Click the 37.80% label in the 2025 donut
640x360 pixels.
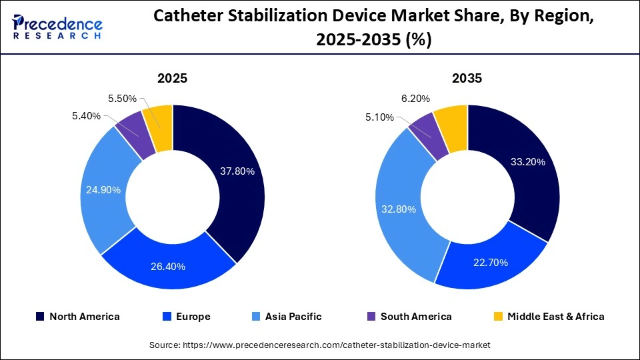237,171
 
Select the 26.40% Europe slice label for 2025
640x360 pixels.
168,267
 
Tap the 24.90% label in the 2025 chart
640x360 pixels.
103,190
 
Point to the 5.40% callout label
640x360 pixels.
87,116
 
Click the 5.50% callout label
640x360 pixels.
122,99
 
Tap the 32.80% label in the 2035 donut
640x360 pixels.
398,209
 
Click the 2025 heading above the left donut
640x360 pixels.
172,78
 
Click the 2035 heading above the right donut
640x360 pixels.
467,78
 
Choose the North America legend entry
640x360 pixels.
77,317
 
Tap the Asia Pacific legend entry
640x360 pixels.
288,317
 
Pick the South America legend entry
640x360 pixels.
409,317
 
